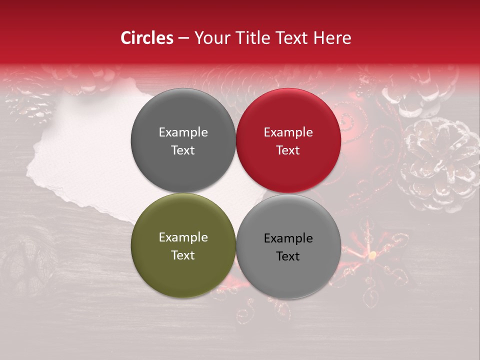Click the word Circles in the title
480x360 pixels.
tap(147, 38)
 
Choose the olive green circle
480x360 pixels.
tap(183, 270)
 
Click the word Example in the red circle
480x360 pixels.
tap(288, 132)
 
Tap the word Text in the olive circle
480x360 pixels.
tap(183, 255)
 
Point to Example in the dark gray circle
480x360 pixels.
tap(183, 132)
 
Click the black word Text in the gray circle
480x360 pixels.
tap(288, 256)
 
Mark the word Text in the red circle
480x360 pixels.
tap(288, 150)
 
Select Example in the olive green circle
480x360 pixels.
tap(183, 237)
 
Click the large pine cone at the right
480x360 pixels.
tap(440, 162)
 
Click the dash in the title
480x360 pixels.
tap(183, 38)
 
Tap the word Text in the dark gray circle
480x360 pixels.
tap(183, 150)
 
